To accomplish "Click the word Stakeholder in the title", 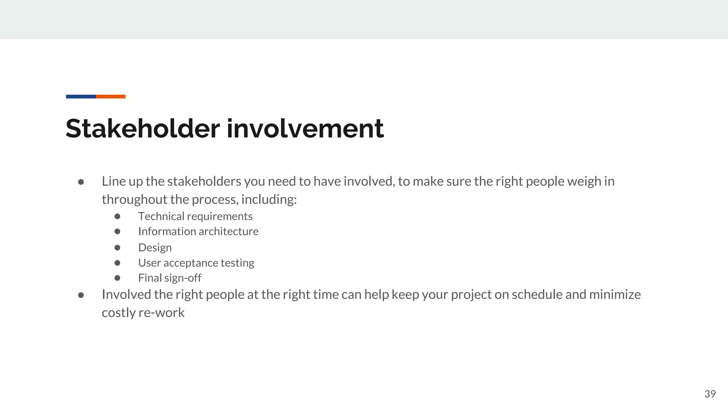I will [x=143, y=129].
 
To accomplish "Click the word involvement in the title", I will [x=305, y=129].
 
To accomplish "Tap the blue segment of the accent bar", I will [x=81, y=97].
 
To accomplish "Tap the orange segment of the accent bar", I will [x=111, y=97].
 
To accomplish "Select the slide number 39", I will [x=710, y=394].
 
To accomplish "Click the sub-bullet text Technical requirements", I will [x=195, y=216].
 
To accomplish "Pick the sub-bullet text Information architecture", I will [x=198, y=231].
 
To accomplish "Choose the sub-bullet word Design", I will [x=155, y=247].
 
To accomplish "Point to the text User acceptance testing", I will [x=196, y=263].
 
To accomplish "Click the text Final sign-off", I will [x=170, y=278].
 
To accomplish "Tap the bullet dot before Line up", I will [x=81, y=182].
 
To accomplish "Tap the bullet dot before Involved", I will [x=81, y=295].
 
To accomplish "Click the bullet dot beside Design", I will [x=117, y=247].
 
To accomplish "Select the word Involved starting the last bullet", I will [x=126, y=295].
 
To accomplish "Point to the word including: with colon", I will [x=269, y=200].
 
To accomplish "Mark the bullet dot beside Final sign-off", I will [x=117, y=278].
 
